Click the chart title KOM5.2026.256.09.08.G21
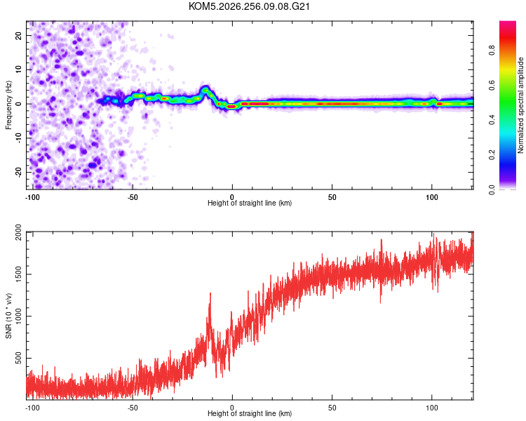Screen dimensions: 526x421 pos(249,6)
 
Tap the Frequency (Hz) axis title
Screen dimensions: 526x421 pos(8,105)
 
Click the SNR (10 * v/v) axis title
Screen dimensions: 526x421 pos(8,316)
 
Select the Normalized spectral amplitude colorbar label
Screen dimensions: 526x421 pos(520,105)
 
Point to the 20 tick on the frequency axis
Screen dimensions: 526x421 pos(18,35)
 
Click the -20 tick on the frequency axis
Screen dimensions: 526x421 pos(18,172)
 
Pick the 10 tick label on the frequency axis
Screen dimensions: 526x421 pos(18,69)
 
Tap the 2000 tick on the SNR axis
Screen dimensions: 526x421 pos(18,232)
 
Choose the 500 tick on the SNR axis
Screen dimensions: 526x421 pos(18,358)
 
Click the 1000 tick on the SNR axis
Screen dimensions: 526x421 pos(18,316)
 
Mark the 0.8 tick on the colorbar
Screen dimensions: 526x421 pos(492,51)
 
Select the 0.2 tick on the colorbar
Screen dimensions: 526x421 pos(492,155)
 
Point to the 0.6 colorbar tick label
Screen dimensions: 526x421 pos(492,86)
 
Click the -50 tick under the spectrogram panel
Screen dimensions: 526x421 pos(133,197)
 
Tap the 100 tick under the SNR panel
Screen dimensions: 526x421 pos(432,408)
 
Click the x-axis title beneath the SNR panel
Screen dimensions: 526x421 pos(250,413)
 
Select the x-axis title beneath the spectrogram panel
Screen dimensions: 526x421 pos(250,203)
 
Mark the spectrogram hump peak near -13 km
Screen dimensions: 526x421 pos(205,88)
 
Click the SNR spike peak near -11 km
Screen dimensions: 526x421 pos(210,293)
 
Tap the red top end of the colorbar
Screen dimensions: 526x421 pos(508,22)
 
